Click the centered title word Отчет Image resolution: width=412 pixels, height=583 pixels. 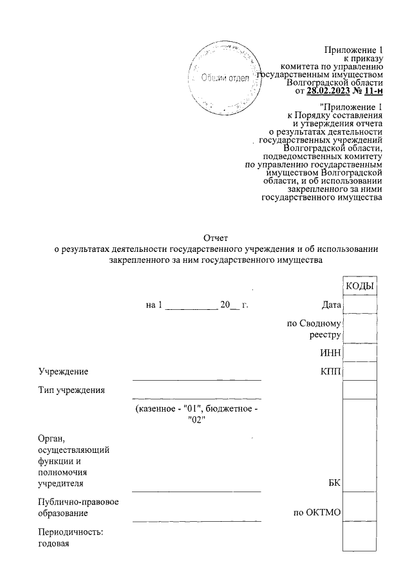tap(216, 239)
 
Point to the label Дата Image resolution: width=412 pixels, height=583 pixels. tap(330, 305)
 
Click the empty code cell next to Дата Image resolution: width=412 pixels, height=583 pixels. tap(360, 305)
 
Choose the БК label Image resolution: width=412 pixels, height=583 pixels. tap(334, 483)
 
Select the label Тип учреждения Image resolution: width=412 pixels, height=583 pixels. tap(71, 390)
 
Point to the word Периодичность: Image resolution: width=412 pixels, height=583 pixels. tap(71, 533)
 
